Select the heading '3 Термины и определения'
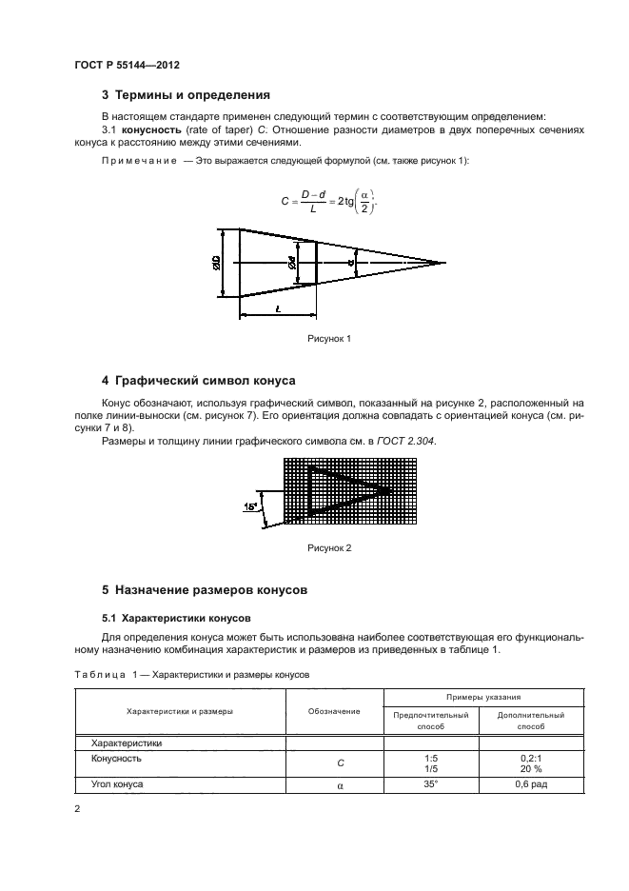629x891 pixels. point(186,95)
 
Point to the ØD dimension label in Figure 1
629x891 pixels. point(218,262)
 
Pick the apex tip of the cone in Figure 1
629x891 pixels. point(445,262)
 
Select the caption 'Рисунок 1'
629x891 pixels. point(329,338)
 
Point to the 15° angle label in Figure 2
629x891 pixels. point(251,506)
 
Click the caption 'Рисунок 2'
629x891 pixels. point(329,548)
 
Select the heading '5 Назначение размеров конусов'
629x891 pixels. point(205,589)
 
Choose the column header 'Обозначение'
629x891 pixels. point(334,711)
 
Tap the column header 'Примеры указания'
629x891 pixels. point(480,698)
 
